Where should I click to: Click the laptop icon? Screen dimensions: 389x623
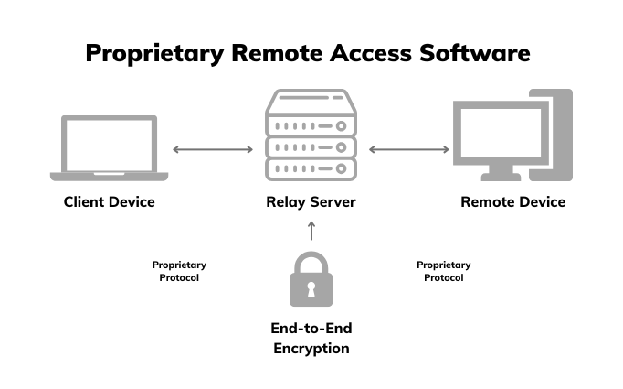pos(109,146)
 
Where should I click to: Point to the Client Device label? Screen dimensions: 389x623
pos(109,201)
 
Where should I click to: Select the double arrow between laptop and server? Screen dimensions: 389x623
pos(213,149)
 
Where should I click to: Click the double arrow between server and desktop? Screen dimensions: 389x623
pos(408,149)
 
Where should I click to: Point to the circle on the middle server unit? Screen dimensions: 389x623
pos(342,147)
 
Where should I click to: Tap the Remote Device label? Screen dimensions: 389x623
pos(512,201)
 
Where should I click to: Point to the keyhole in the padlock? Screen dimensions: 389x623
pos(311,289)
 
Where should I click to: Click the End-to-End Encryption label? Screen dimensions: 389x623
pos(311,338)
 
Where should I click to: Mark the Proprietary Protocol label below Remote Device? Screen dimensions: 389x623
pos(444,271)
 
